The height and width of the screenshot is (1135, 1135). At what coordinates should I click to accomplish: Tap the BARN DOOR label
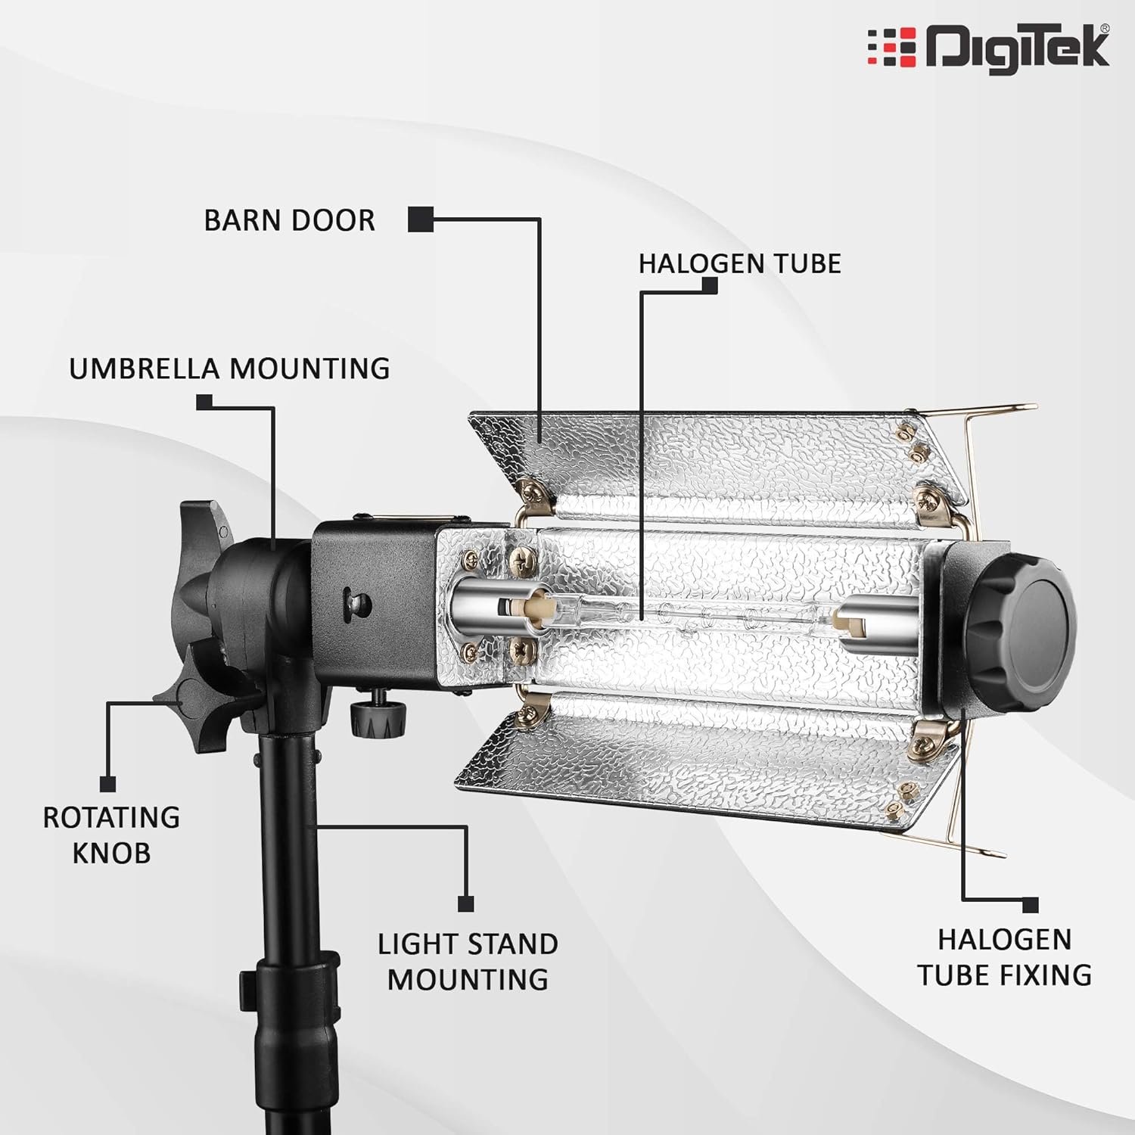[x=289, y=220]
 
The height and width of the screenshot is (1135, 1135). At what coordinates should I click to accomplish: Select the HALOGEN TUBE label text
[x=739, y=263]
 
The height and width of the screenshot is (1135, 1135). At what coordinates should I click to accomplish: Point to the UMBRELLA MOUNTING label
[x=229, y=368]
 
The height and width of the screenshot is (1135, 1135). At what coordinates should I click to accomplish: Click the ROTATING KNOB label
[x=111, y=835]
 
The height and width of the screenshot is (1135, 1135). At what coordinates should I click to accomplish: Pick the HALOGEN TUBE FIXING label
[x=1004, y=956]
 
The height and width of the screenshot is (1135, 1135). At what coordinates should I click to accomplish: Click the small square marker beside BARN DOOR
[x=420, y=219]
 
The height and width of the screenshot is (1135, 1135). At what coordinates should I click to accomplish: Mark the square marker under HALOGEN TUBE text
[x=709, y=286]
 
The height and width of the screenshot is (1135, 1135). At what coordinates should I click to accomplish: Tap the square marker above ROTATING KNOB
[x=107, y=783]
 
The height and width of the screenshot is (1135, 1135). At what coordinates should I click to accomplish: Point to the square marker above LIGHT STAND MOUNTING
[x=466, y=903]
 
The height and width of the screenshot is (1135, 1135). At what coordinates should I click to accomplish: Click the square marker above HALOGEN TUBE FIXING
[x=1030, y=905]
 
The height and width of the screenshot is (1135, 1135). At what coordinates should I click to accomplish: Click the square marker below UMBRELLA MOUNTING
[x=204, y=402]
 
